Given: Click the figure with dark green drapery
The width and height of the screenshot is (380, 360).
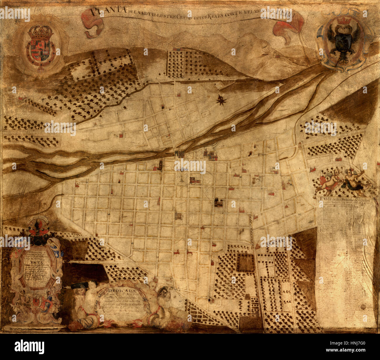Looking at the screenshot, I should pos(353,181).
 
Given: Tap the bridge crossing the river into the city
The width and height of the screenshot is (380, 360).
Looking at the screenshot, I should pos(179,153).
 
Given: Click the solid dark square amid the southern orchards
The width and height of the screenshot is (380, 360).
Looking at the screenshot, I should pos(245,262).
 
